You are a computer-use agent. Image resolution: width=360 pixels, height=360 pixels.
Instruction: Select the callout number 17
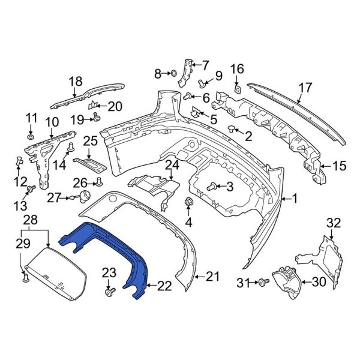tap(305, 88)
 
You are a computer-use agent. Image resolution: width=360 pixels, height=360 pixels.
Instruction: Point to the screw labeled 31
tap(263, 281)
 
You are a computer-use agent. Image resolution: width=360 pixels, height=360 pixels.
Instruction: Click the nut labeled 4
tap(188, 203)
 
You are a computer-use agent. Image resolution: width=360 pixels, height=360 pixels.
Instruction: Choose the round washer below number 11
tap(29, 138)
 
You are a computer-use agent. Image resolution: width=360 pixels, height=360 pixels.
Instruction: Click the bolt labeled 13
tap(29, 190)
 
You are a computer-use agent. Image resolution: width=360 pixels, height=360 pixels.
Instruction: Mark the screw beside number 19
tap(95, 119)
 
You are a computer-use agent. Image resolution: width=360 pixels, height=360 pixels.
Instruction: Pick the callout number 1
tap(295, 198)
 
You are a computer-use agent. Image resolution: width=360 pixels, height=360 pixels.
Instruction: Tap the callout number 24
tap(172, 164)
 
